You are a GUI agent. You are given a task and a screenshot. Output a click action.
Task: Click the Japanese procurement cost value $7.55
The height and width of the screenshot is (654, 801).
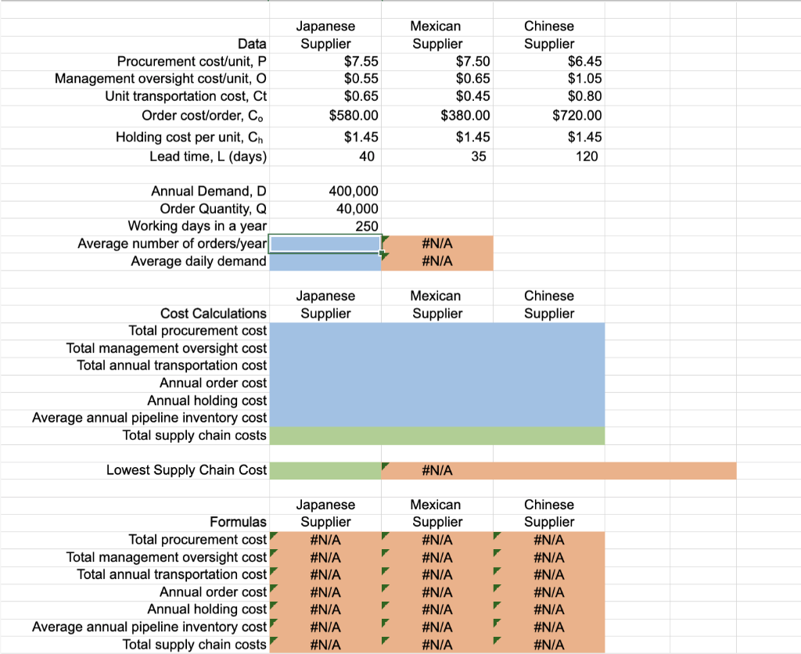point(361,61)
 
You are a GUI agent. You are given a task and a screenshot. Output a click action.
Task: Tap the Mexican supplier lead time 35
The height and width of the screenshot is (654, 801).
point(479,156)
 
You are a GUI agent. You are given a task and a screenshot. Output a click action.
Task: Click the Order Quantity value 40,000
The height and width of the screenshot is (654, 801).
point(357,208)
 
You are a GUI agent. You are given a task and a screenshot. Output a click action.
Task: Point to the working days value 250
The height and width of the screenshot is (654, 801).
point(366,226)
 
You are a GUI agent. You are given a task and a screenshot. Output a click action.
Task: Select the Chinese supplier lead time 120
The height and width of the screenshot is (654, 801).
point(586,156)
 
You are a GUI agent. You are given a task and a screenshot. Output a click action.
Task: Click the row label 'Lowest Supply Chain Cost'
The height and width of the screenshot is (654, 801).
point(186,470)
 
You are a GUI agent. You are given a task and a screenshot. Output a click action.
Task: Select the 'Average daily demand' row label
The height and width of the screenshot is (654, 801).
point(199,261)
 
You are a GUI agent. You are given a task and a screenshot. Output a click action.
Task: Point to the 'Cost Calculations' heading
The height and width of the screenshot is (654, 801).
point(214,313)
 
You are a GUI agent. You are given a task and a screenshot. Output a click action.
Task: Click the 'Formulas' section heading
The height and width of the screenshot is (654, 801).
point(238,522)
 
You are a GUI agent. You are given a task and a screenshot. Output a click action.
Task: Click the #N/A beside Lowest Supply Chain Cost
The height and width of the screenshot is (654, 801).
point(436,470)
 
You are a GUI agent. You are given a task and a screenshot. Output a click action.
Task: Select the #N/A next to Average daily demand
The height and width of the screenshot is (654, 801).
point(436,261)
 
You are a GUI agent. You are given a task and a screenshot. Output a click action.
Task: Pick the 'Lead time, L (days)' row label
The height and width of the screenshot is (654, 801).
point(208,156)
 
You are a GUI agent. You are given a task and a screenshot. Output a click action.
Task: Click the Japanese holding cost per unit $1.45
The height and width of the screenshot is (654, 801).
point(361,137)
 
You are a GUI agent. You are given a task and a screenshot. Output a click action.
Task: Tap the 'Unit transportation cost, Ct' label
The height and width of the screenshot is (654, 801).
point(186,96)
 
